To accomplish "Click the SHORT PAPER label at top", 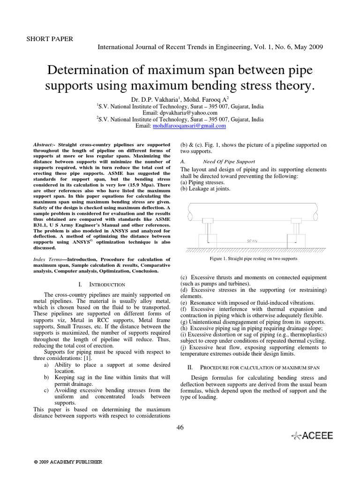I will (x=50, y=38).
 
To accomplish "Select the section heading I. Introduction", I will (x=101, y=285).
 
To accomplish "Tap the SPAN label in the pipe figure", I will (x=253, y=241).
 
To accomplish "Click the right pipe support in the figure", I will (x=296, y=232).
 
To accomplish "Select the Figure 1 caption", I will (x=253, y=259).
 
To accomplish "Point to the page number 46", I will (x=180, y=426).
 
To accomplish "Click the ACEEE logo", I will (x=312, y=435).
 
